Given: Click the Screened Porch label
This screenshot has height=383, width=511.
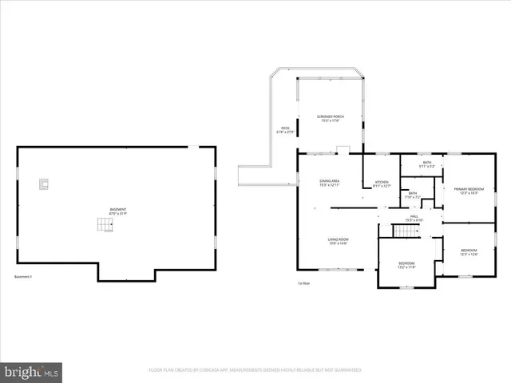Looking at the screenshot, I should [x=331, y=119].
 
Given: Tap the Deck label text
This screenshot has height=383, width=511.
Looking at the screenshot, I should [x=285, y=130].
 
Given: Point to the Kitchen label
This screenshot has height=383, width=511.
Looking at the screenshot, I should [x=382, y=184].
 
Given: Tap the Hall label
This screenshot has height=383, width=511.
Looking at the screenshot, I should [x=414, y=218].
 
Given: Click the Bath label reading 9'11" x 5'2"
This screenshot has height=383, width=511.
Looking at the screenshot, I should [x=427, y=165].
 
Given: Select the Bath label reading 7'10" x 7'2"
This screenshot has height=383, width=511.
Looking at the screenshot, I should [x=413, y=195].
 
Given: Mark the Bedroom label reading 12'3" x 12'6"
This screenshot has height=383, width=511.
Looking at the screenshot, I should [x=469, y=253].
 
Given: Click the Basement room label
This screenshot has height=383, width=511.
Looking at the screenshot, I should [x=117, y=211].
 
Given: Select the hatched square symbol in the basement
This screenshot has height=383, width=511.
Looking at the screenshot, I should [x=43, y=184].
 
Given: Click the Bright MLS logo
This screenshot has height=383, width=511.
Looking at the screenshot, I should [x=32, y=372].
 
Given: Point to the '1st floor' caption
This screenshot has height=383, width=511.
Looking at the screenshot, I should [x=303, y=283].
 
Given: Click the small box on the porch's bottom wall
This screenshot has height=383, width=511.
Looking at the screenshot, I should [x=342, y=148].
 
